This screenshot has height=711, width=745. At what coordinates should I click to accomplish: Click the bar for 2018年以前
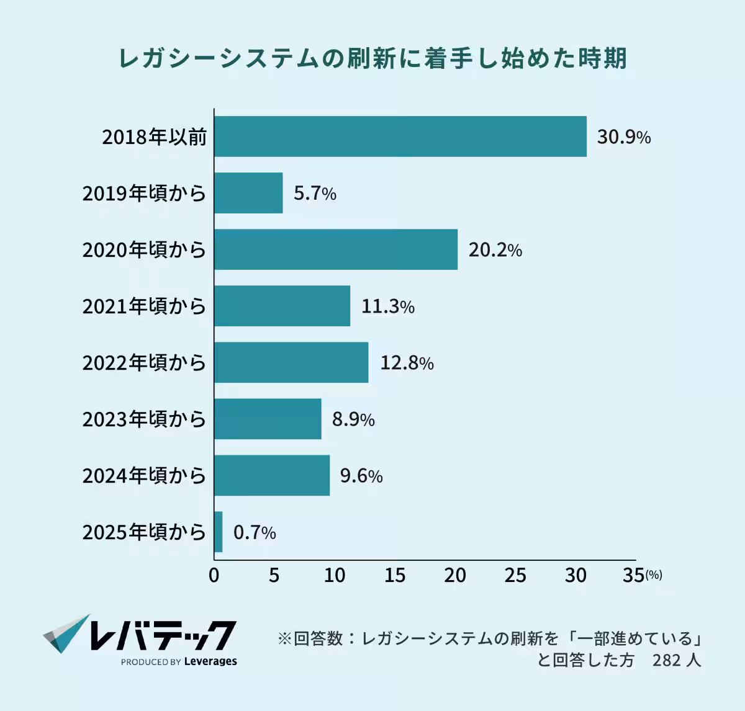click(x=400, y=136)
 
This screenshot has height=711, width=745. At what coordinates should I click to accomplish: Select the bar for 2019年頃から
click(x=248, y=193)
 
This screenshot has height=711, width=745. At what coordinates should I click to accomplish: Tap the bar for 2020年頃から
click(x=336, y=249)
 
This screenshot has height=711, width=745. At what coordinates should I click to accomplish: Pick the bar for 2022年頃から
click(x=291, y=362)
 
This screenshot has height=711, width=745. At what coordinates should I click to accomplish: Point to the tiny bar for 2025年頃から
click(x=219, y=532)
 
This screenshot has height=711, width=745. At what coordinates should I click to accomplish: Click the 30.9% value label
click(x=623, y=137)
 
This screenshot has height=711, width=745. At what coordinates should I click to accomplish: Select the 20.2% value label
click(x=495, y=250)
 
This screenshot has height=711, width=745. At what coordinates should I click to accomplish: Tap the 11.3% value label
click(x=387, y=306)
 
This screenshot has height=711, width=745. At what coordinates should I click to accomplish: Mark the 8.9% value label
click(x=353, y=419)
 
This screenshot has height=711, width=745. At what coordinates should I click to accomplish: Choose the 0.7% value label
click(x=255, y=532)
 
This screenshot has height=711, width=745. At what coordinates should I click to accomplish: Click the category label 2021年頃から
click(x=144, y=306)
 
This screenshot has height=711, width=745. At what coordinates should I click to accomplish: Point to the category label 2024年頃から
click(x=144, y=475)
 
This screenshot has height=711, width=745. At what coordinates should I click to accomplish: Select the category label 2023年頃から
click(x=144, y=419)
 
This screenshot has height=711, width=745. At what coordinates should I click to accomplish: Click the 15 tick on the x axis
click(x=394, y=575)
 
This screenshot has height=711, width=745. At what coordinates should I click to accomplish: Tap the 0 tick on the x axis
click(x=214, y=575)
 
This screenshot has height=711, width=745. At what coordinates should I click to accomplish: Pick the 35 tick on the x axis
click(x=633, y=575)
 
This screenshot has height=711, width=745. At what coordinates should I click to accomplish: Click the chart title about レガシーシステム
click(x=372, y=58)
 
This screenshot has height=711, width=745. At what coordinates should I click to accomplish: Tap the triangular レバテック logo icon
click(x=66, y=633)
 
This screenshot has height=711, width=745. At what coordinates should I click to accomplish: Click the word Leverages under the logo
click(x=210, y=661)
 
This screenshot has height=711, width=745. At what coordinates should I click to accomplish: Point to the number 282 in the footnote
click(x=667, y=660)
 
